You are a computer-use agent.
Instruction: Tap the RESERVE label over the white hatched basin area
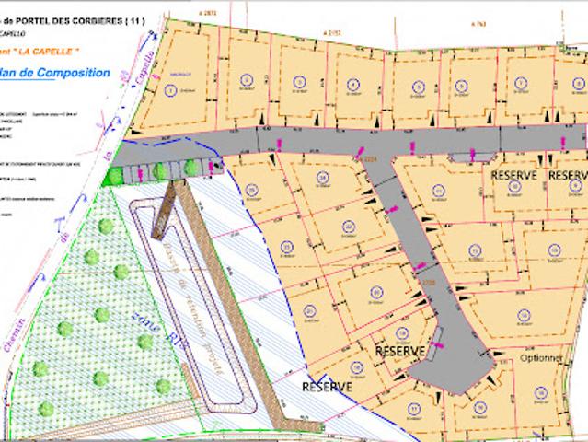[327, 388]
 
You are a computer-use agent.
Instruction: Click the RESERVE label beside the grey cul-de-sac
[398, 352]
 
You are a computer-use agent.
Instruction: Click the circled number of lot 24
[322, 178]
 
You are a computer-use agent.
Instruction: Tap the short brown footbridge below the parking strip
[163, 210]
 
